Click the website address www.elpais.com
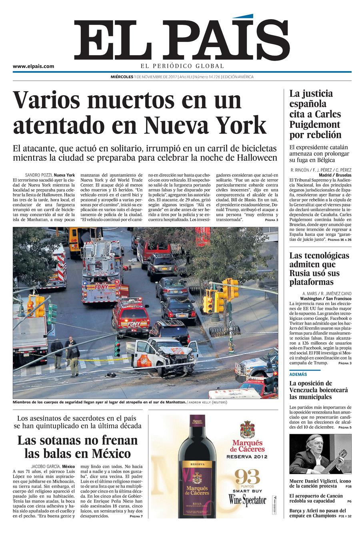[33, 66]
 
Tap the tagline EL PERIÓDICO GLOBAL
[182, 66]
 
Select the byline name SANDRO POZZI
[38, 175]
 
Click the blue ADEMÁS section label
[298, 374]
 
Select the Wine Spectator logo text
[247, 500]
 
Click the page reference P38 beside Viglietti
[348, 486]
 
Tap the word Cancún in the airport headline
[333, 496]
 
